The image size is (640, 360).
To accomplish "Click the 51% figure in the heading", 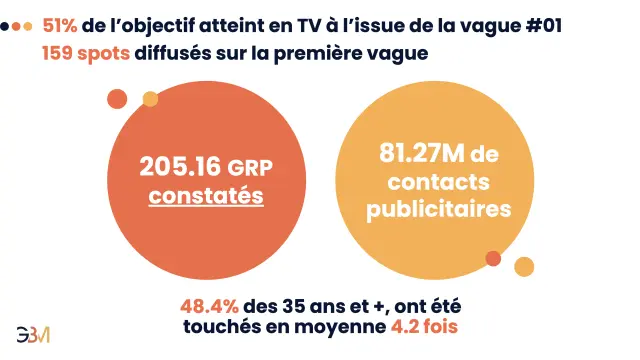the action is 60,26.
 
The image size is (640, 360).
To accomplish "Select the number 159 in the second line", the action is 57,53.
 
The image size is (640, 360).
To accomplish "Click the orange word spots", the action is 103,54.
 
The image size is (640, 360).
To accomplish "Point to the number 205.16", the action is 180,167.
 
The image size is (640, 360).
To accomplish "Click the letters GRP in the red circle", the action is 250,168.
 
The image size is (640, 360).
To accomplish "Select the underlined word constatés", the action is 206,195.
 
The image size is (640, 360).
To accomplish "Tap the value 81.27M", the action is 422,153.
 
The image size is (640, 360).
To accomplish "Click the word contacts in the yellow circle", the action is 439,181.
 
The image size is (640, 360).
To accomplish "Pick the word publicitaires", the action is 439,209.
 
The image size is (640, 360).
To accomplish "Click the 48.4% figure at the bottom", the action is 209,306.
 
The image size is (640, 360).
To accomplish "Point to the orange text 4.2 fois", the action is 424,327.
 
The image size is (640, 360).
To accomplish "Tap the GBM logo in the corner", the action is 33,335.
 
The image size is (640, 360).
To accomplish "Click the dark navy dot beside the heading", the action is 4,27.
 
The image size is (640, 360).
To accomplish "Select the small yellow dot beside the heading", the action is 28,27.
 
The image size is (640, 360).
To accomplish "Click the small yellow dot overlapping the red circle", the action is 150,99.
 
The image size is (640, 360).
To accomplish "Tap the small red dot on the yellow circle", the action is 493,258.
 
